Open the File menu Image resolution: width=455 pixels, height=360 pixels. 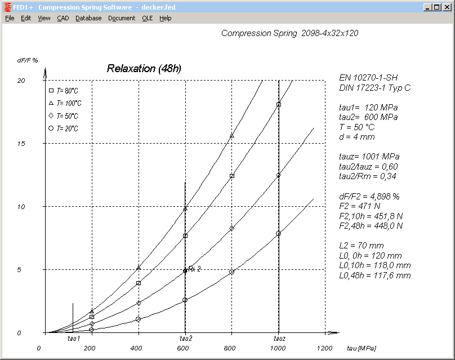(10, 18)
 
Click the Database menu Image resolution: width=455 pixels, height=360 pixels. (88, 18)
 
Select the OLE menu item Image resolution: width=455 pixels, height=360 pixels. (147, 18)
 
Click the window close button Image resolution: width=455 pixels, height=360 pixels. (446, 7)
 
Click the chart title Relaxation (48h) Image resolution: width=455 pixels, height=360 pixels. (144, 69)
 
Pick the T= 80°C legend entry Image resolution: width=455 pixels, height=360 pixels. (63, 91)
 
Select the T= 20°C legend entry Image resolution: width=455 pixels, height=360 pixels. (63, 128)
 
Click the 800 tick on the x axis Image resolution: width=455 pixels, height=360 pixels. (230, 348)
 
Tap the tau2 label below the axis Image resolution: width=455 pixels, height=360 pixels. (186, 339)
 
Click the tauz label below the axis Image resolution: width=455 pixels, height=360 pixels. (279, 339)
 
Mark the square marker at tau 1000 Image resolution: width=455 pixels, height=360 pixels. (279, 104)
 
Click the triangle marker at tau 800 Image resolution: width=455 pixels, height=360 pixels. (231, 136)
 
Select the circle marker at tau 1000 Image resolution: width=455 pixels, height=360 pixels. (278, 233)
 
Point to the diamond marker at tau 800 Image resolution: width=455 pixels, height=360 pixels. (231, 228)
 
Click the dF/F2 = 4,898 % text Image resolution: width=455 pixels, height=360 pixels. (369, 196)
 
